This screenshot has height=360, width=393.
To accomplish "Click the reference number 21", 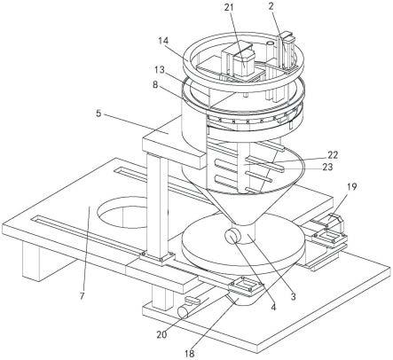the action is tap(229, 7).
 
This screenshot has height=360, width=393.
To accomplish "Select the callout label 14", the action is tap(162, 40).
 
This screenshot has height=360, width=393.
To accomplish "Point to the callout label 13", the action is tap(159, 71).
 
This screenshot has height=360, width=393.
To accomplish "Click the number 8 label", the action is tap(155, 85).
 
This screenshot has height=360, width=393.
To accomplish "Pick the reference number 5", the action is tap(99, 113).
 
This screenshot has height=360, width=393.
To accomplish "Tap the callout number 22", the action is tap(332, 154).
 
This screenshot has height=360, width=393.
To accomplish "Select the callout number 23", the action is tap(327, 167).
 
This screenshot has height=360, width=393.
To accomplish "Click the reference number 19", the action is tap(351, 186).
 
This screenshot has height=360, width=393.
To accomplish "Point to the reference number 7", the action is tap(82, 294).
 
